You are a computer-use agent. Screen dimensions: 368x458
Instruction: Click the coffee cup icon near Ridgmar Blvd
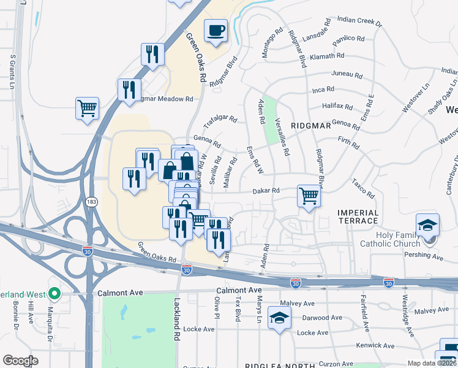(x=216, y=30)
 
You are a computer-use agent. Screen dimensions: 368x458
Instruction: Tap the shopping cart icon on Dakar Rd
(x=309, y=196)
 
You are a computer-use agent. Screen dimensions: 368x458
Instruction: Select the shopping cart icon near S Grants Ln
(x=88, y=109)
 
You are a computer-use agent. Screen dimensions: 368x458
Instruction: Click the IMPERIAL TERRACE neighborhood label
(x=358, y=217)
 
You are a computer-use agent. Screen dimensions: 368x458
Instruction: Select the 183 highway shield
(x=92, y=202)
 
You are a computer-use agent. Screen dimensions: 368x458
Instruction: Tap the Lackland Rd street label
(x=177, y=320)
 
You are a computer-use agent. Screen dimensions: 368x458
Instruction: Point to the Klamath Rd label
(x=327, y=56)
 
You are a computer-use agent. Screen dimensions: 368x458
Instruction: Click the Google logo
(x=20, y=361)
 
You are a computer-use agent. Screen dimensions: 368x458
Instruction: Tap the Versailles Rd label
(x=282, y=136)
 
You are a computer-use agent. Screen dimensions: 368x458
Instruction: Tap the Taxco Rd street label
(x=362, y=188)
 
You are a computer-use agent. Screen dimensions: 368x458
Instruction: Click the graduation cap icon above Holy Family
(x=427, y=224)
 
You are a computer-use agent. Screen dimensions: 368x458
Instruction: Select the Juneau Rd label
(x=347, y=74)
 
